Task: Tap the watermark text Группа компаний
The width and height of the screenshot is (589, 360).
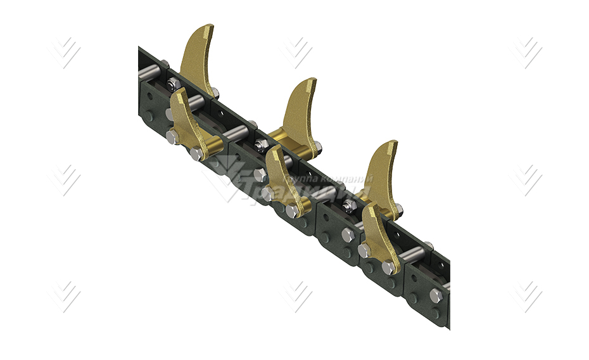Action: (x=329, y=179)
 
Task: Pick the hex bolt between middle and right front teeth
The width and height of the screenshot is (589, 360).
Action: (x=348, y=235)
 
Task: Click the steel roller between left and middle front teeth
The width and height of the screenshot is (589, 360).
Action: (x=235, y=134)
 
